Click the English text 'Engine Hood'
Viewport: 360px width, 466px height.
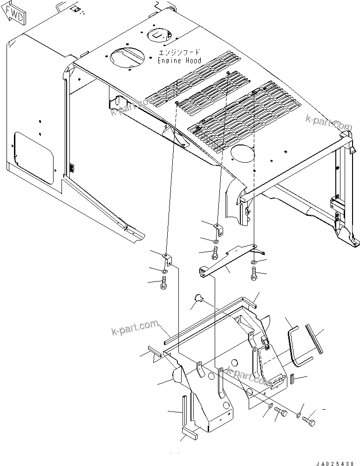tap(179, 61)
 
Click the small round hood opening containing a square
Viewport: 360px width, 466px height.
tap(159, 34)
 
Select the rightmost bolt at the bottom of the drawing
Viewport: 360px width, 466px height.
tap(309, 422)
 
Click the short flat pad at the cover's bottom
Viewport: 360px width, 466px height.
tap(189, 434)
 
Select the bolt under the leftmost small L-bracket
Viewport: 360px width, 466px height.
tap(164, 283)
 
